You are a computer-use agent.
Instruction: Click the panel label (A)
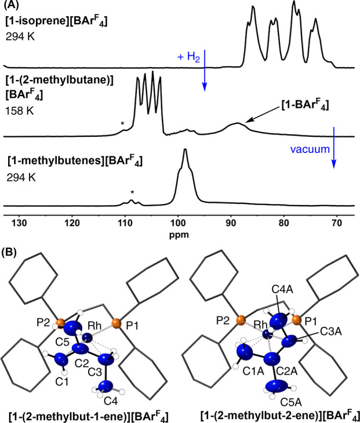13,6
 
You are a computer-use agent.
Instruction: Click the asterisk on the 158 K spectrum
122,124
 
